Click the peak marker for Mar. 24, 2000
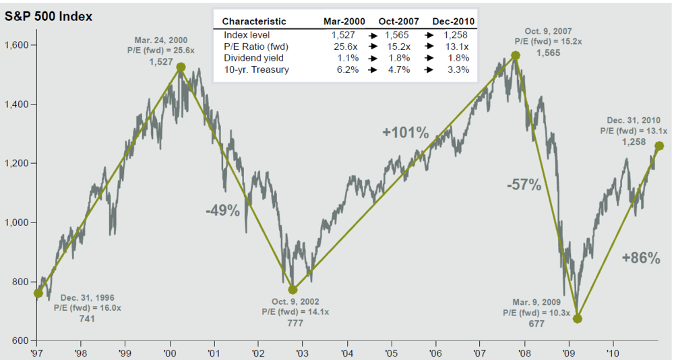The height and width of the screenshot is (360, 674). tap(181, 67)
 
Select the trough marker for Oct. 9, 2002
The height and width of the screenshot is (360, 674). tap(293, 289)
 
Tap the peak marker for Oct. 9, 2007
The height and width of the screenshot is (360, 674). tap(516, 56)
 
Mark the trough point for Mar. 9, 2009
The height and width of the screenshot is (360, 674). tap(578, 318)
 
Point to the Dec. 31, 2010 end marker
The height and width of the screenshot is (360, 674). tap(659, 146)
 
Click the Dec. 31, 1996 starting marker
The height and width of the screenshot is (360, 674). tap(38, 293)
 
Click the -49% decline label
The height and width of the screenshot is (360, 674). tap(222, 211)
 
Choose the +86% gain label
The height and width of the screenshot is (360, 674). tap(641, 257)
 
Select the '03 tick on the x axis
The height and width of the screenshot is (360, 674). tap(302, 352)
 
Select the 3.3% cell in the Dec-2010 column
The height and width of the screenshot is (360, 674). tap(460, 70)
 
